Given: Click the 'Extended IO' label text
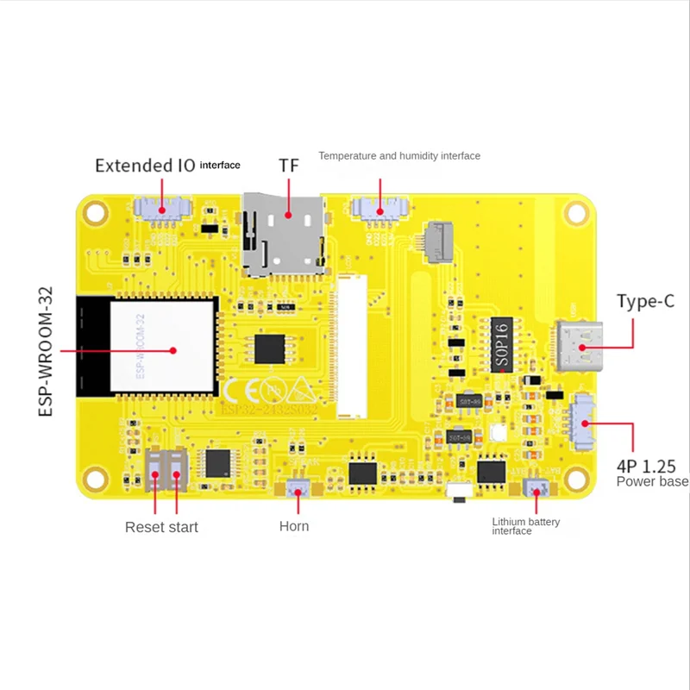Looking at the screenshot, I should click(x=145, y=165).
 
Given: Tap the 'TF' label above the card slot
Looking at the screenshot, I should click(x=288, y=165).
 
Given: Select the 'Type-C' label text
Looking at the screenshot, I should click(x=645, y=301).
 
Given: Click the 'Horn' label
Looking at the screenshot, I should click(x=294, y=526).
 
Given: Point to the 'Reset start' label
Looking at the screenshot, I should click(x=161, y=527).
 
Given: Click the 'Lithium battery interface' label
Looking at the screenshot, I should click(x=525, y=526).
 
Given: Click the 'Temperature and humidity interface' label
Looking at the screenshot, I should click(x=399, y=156).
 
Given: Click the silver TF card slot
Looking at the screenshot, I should click(x=284, y=234).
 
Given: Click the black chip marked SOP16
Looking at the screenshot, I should click(x=501, y=343).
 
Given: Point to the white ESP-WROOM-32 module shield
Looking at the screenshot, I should click(x=162, y=345).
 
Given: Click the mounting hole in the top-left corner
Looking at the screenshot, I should click(x=96, y=211).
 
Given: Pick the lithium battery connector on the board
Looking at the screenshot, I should click(x=536, y=490).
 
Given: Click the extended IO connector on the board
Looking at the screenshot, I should click(x=161, y=207).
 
